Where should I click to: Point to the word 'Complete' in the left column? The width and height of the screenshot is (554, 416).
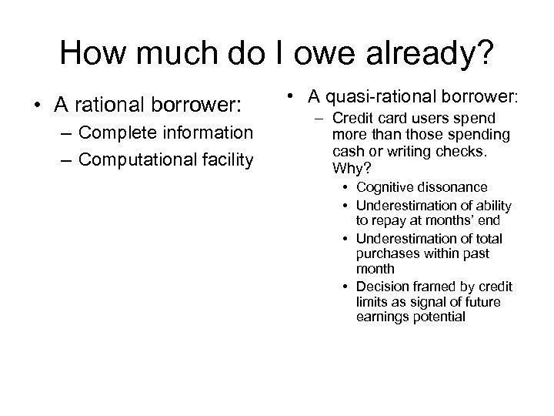[x=115, y=133]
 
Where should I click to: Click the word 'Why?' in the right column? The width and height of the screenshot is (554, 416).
[x=349, y=168]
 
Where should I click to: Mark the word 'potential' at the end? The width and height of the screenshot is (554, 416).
[x=436, y=316]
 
